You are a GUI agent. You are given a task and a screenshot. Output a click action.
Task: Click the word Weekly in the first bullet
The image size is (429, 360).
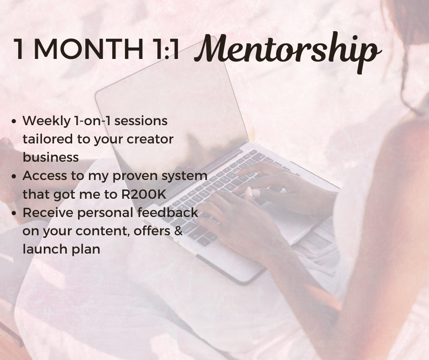tap(45, 121)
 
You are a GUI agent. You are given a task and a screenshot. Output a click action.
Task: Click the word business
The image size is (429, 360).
tap(51, 157)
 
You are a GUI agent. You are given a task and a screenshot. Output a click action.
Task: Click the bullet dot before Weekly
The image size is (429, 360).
tap(15, 122)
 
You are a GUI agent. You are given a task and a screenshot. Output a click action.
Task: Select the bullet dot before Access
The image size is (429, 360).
tap(15, 176)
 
